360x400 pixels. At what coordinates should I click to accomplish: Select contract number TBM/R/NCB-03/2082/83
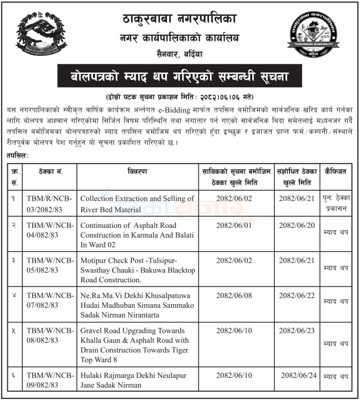point(49,204)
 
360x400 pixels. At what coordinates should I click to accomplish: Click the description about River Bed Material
point(137,204)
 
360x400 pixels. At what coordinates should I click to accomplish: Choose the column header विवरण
point(137,172)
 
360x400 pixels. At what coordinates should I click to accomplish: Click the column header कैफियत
point(336,172)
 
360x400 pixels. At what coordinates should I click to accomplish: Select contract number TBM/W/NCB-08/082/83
point(49,336)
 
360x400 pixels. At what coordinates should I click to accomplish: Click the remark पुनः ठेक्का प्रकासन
point(336,202)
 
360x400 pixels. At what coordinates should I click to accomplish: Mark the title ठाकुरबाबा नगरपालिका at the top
point(179,19)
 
